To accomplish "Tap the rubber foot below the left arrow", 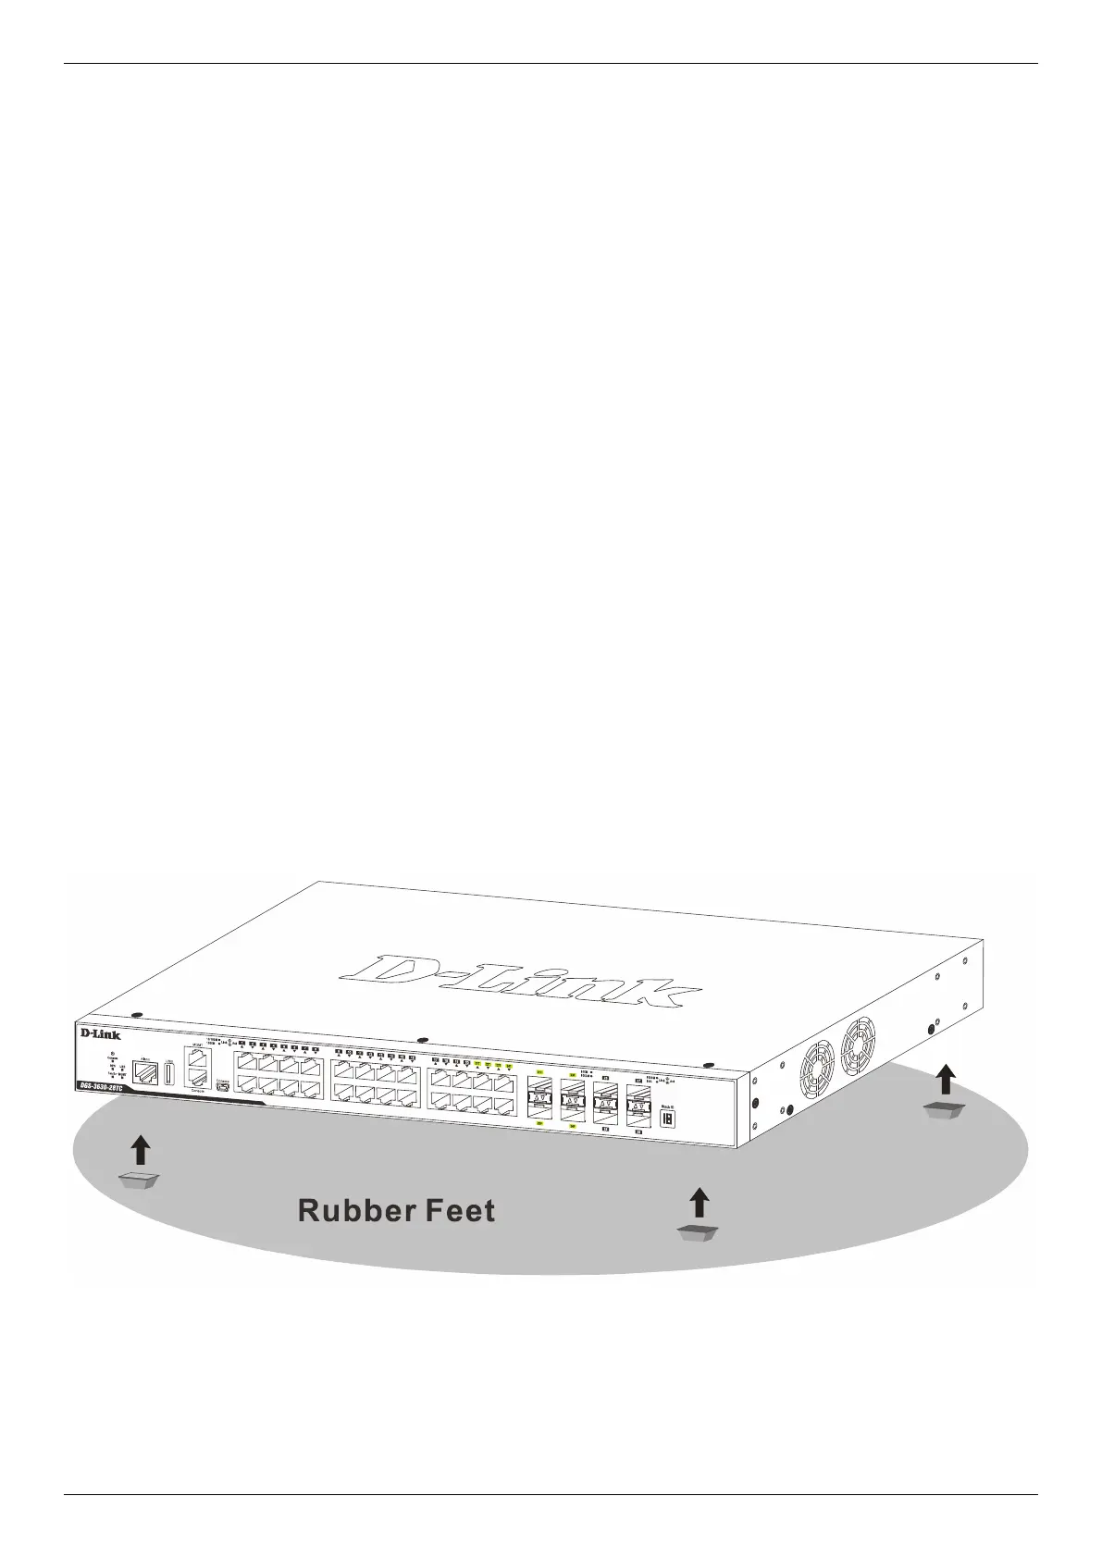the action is [140, 1181].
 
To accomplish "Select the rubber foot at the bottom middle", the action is [699, 1231].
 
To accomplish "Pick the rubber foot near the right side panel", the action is [946, 1110].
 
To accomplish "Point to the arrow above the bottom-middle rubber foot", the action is [700, 1203].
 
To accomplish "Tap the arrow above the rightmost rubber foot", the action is [946, 1079].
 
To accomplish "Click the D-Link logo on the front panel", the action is [100, 1033].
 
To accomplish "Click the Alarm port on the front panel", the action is [144, 1073].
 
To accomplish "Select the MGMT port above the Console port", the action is [196, 1057].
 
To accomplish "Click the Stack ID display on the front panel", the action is [668, 1118].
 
